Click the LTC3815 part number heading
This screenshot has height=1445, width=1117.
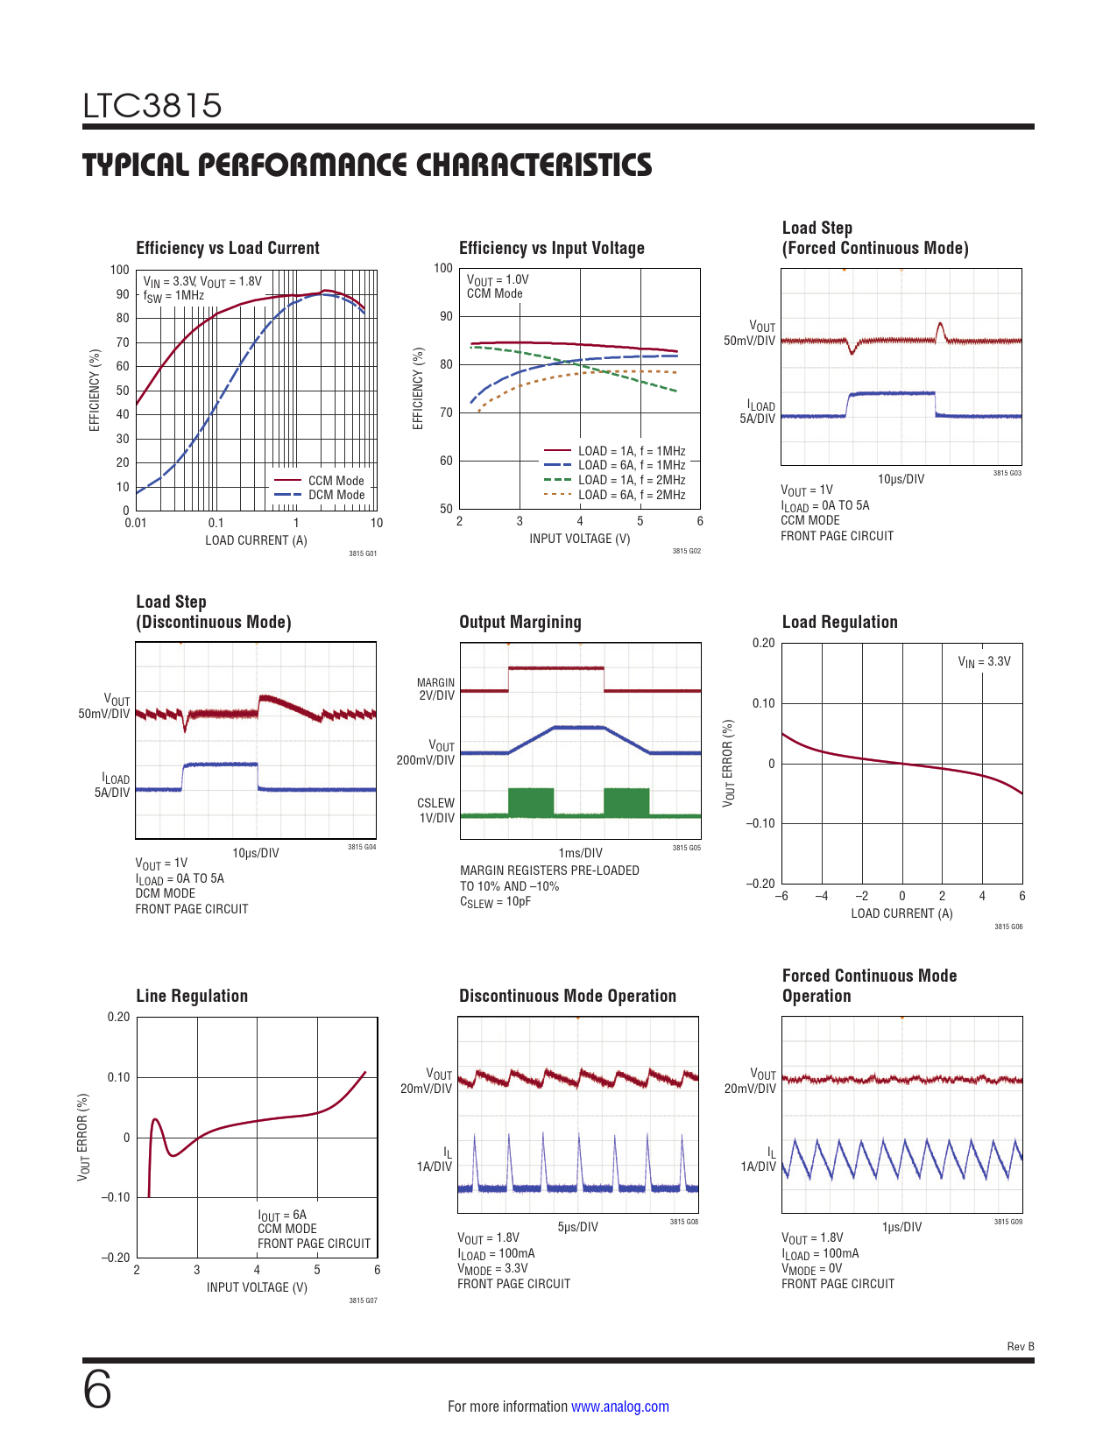[152, 106]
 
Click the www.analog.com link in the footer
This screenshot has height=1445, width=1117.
[619, 1406]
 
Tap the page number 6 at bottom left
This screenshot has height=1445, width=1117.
[97, 1390]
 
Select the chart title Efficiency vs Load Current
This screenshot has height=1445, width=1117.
[228, 248]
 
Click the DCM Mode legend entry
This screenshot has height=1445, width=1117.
[336, 495]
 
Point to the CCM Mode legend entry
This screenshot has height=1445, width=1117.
[336, 481]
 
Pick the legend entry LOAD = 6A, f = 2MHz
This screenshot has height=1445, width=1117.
[631, 495]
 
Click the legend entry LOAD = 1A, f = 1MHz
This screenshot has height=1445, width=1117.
[631, 451]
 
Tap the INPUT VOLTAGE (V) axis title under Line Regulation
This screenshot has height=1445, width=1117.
[257, 1287]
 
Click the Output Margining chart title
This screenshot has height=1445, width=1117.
[520, 622]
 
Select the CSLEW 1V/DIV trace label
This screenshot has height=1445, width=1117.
[436, 810]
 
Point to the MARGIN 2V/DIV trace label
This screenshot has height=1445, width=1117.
[436, 689]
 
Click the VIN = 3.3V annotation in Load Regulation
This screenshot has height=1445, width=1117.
[984, 662]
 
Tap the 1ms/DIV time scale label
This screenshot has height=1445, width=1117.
[580, 853]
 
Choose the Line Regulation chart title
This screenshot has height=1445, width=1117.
[192, 996]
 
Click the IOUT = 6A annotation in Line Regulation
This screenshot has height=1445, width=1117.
[282, 1216]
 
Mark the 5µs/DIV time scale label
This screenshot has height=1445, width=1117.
[577, 1227]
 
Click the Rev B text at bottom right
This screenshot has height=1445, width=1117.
[1021, 1347]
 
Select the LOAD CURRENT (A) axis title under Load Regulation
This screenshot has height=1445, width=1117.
[901, 913]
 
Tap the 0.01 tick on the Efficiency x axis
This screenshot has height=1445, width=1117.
[136, 523]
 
